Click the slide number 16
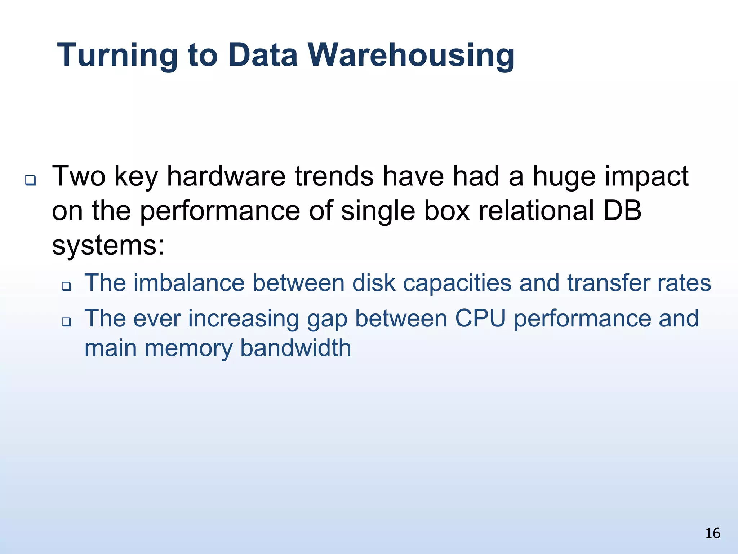712,533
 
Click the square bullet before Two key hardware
30,180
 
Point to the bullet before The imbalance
66,286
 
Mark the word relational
536,211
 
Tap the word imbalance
189,283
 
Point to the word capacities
457,283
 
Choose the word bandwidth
295,348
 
